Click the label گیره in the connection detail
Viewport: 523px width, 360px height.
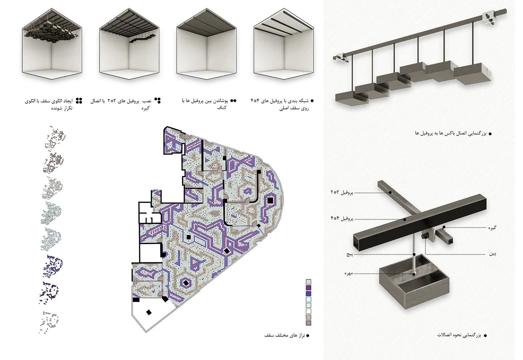[492, 228]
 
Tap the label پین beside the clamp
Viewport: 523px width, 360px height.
[493, 254]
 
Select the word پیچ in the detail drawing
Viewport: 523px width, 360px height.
[349, 254]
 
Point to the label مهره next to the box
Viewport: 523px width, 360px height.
[348, 273]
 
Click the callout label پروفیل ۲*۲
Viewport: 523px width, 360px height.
[342, 193]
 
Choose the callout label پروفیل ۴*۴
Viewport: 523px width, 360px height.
[342, 219]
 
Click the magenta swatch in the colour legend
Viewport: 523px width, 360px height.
[308, 288]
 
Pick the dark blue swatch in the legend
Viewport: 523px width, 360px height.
[308, 293]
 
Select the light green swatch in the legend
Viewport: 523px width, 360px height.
[308, 305]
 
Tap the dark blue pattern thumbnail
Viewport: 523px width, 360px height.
[53, 266]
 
